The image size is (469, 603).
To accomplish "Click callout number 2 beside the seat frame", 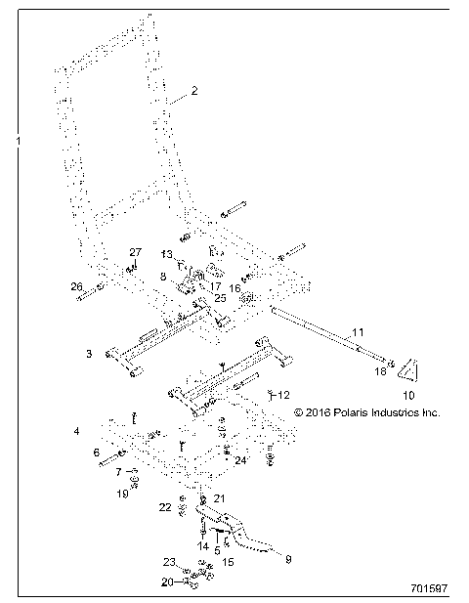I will coord(194,91).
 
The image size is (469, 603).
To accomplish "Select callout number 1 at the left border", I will coord(18,142).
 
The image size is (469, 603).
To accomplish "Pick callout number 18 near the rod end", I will coord(380,372).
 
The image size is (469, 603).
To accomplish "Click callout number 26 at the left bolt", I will coord(75,286).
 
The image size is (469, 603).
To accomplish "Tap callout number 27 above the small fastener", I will coord(136,253).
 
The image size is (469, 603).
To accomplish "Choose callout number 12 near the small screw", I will coord(256,395).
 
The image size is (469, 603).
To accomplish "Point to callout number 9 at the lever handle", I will coord(287,559).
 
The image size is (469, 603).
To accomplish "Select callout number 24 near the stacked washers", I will coord(241,459).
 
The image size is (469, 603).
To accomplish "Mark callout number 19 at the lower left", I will coord(122,494).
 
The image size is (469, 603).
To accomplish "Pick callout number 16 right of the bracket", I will coord(234,288).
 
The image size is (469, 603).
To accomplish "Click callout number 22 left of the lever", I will coord(165,507).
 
